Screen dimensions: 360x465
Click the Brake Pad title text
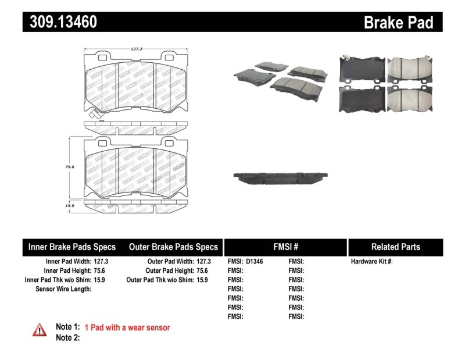point(398,23)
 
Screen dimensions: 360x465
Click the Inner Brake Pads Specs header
point(72,247)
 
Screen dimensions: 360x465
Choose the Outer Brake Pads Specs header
point(173,247)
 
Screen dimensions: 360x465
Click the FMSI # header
point(285,247)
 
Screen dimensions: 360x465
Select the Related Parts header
point(395,247)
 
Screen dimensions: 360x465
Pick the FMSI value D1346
point(254,262)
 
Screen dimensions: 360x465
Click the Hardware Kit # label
point(371,262)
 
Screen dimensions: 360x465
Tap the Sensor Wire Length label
point(63,289)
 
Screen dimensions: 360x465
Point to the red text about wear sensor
point(127,328)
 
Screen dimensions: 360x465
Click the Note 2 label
point(67,338)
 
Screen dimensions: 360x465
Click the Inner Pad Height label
point(67,270)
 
